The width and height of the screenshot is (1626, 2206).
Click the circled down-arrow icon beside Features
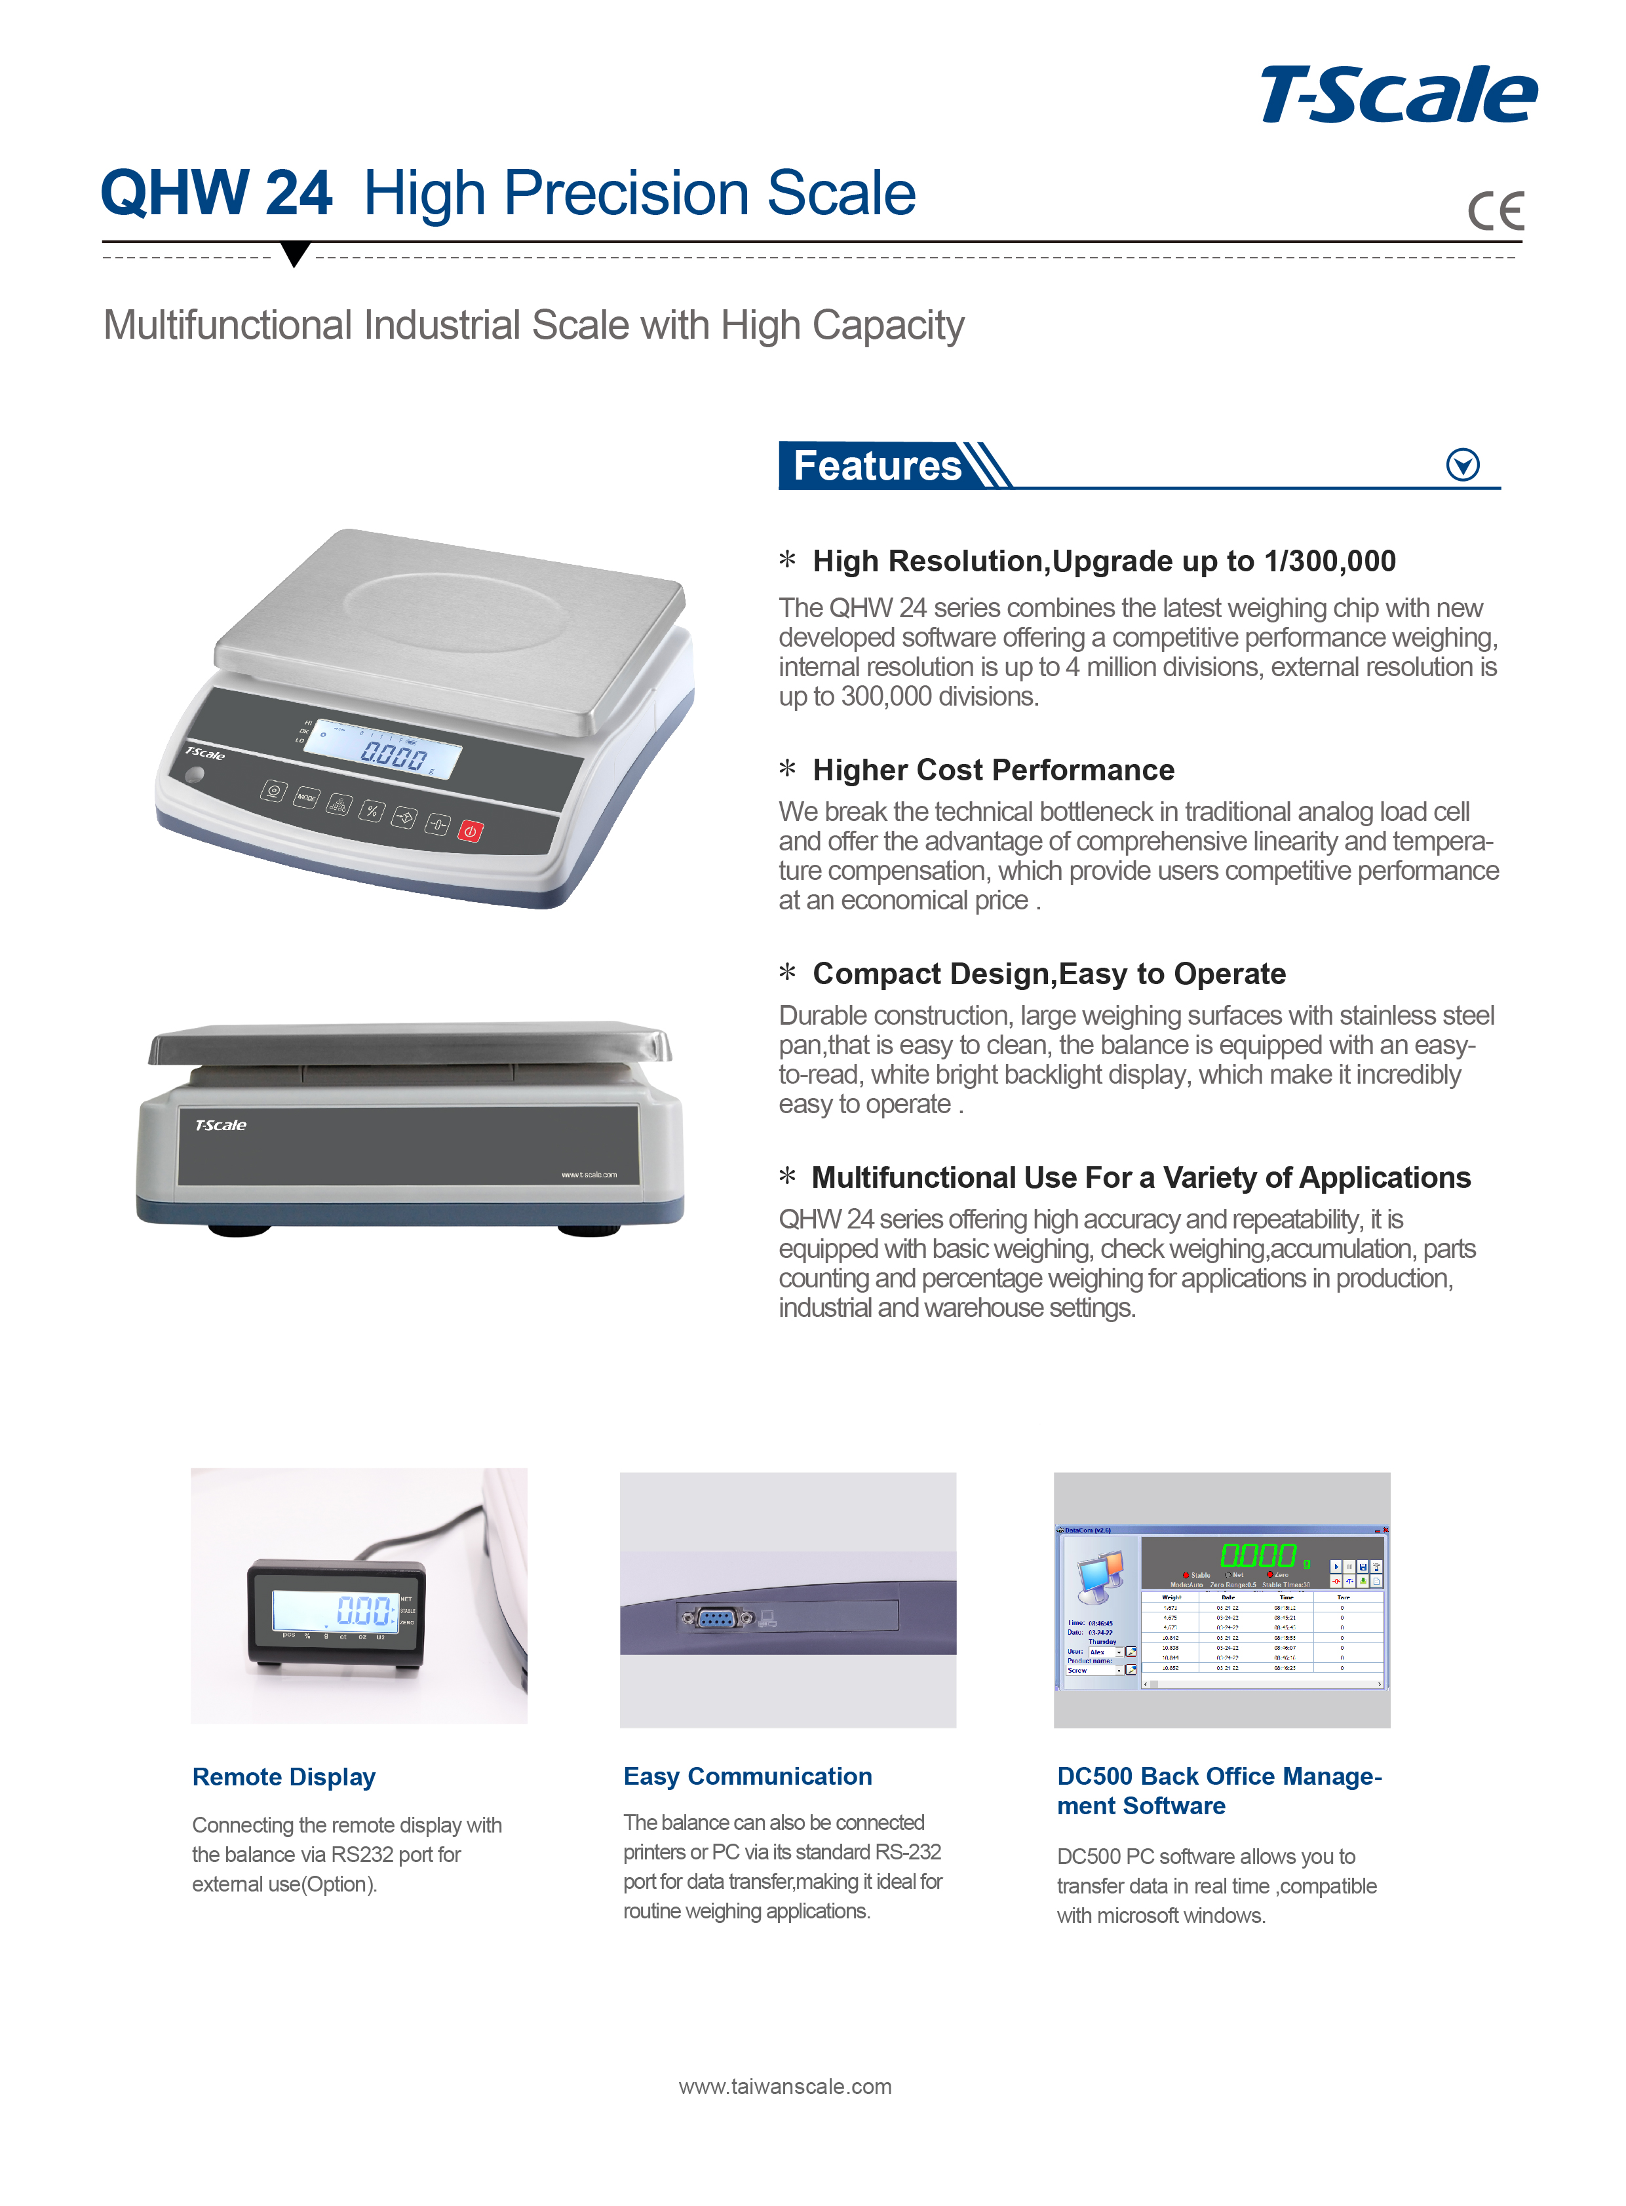coord(1463,465)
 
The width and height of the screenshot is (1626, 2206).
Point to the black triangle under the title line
coord(294,253)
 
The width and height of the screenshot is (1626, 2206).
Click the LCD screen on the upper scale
coord(384,751)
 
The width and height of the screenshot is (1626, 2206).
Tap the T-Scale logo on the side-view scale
coord(220,1125)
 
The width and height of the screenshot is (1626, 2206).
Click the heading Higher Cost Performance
coord(993,770)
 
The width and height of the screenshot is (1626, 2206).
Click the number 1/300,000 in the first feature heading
coord(1330,562)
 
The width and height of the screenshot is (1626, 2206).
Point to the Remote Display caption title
coord(284,1777)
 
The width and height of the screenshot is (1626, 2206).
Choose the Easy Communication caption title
coord(747,1776)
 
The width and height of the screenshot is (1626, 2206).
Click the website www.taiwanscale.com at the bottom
coord(784,2086)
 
